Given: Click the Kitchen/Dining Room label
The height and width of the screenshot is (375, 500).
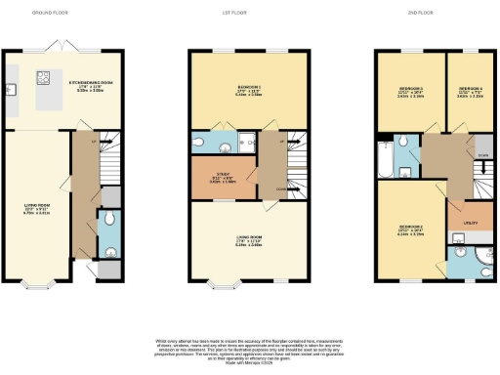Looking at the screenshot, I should pyautogui.click(x=91, y=85).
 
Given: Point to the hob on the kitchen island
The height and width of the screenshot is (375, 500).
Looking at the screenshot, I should pyautogui.click(x=43, y=79).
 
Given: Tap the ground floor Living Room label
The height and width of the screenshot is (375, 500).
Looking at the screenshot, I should pyautogui.click(x=37, y=207).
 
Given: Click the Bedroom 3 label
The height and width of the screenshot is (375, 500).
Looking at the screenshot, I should pyautogui.click(x=399, y=90).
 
